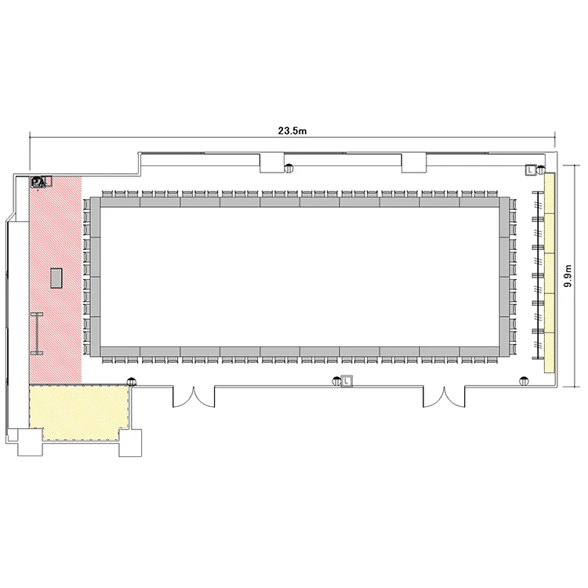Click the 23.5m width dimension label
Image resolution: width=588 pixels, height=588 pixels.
(292, 130)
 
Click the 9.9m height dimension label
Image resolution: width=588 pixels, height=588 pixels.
(568, 276)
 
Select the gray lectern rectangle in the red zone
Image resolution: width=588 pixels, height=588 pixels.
(56, 278)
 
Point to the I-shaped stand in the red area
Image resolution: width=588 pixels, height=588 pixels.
(37, 334)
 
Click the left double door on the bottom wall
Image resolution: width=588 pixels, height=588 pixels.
(194, 397)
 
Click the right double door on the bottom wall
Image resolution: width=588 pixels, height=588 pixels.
(444, 397)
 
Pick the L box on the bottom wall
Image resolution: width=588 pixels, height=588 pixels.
(347, 381)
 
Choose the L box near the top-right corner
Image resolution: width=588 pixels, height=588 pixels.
(530, 170)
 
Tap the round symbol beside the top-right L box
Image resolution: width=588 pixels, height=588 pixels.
(540, 170)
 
